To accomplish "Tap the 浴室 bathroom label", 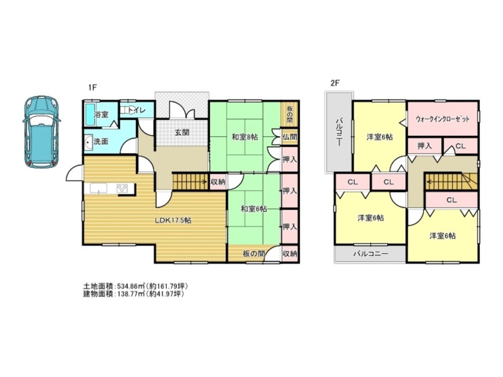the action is (x=102, y=115).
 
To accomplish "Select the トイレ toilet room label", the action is (x=137, y=111).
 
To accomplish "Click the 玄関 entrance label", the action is (x=182, y=132).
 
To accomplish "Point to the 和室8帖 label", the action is (x=245, y=137).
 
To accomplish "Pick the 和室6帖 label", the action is (x=254, y=209).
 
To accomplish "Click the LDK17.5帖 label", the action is (x=173, y=221).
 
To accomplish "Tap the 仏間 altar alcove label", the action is (x=290, y=137).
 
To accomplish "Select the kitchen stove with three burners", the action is (x=122, y=188).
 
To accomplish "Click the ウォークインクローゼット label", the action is (x=442, y=119).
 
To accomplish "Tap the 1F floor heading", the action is (x=93, y=87).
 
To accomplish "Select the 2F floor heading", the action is (x=334, y=83).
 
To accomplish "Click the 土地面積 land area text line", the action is (x=135, y=286).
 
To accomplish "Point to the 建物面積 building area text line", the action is (x=133, y=294).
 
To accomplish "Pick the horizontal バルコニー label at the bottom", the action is (x=371, y=254).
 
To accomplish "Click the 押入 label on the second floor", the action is (x=425, y=146).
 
